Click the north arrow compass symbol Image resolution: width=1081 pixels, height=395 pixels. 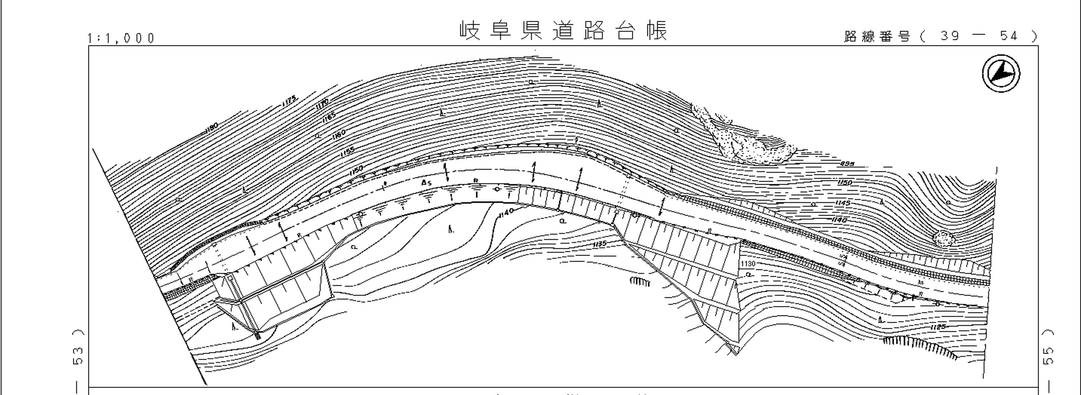[1001, 74]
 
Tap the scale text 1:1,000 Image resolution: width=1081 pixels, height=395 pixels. [121, 38]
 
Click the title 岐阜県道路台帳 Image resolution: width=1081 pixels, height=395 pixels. [563, 31]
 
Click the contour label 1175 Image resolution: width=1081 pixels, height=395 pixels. [290, 101]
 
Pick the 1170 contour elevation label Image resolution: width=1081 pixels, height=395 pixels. [322, 103]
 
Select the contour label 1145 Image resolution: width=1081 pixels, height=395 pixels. [843, 203]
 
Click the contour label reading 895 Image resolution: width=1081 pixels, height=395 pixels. [847, 164]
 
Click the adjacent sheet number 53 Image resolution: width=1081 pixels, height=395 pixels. [78, 355]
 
